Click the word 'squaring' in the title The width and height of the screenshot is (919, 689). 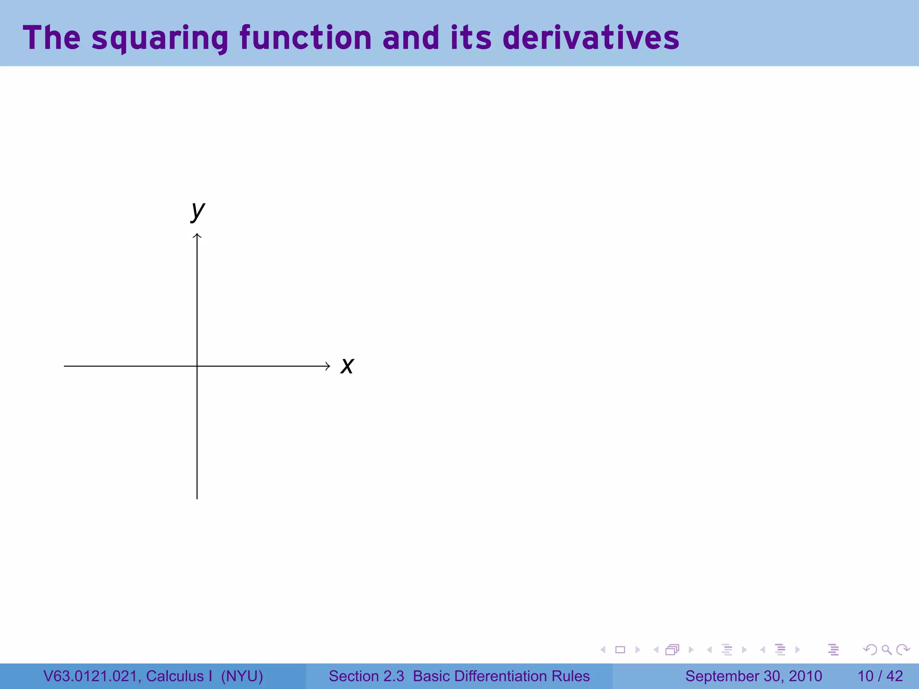pos(160,38)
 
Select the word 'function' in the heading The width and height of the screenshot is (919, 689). pos(305,38)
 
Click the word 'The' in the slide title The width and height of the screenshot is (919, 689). pos(52,38)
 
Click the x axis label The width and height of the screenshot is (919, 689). pos(347,366)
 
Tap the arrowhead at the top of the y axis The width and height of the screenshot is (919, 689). pos(197,236)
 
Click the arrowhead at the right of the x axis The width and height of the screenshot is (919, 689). pos(328,366)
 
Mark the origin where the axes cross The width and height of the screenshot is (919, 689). pos(197,366)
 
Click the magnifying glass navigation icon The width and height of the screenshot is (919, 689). pos(886,650)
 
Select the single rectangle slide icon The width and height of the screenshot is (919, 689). pos(620,650)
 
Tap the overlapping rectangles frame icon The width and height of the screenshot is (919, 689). pos(672,650)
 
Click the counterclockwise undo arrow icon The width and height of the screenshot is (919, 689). pos(870,650)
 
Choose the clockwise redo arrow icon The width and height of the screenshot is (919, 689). pos(903,650)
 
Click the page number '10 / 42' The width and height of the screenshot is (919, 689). pos(880,676)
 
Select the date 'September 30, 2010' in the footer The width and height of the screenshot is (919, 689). pos(753,676)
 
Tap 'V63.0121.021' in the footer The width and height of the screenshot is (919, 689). pos(92,676)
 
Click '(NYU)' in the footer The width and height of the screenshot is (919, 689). pos(242,676)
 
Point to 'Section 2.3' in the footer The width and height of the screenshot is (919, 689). pos(366,676)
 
